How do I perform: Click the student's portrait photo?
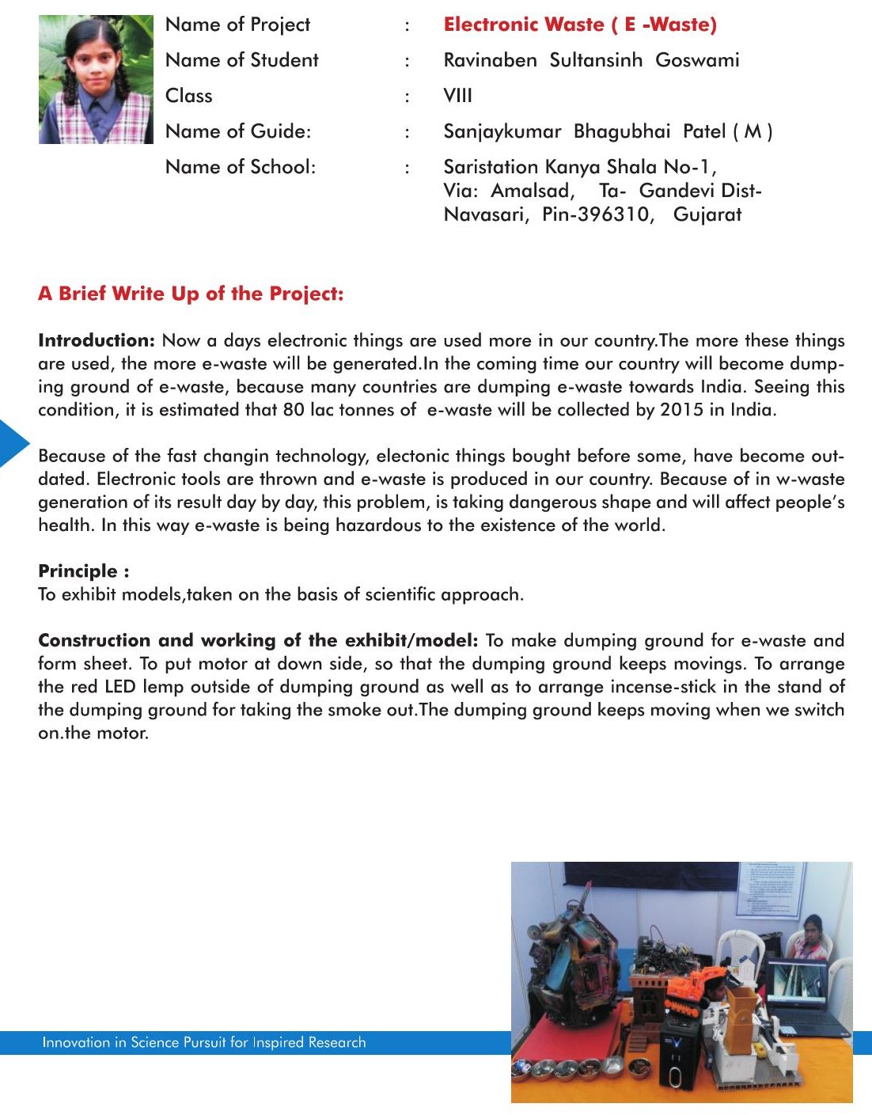pyautogui.click(x=96, y=79)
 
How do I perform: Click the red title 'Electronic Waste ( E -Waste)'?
pyautogui.click(x=580, y=25)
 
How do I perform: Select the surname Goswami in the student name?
pyautogui.click(x=697, y=60)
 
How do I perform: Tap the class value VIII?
pyautogui.click(x=457, y=96)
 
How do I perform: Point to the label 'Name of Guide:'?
pyautogui.click(x=237, y=131)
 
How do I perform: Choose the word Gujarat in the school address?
pyautogui.click(x=707, y=214)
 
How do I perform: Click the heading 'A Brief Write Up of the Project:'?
pyautogui.click(x=191, y=294)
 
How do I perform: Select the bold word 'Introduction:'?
pyautogui.click(x=97, y=340)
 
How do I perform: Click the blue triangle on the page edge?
pyautogui.click(x=13, y=443)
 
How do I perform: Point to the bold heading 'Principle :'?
pyautogui.click(x=83, y=571)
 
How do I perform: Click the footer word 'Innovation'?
pyautogui.click(x=76, y=1042)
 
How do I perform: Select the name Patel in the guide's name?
pyautogui.click(x=704, y=131)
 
